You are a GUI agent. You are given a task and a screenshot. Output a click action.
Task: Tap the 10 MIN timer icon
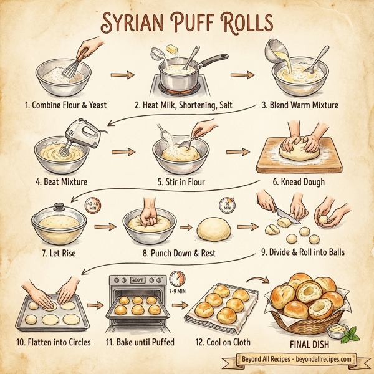point(226,204)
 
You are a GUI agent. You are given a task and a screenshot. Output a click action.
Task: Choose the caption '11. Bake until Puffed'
point(140,342)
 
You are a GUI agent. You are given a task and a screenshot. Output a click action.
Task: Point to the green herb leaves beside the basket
point(353,333)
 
